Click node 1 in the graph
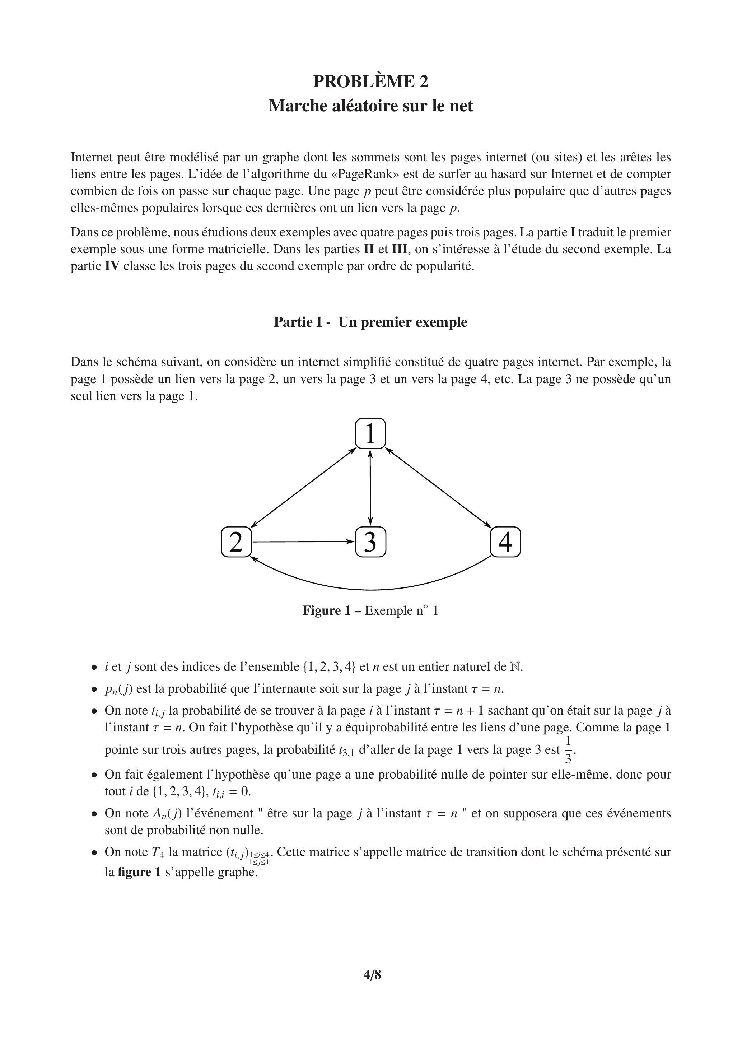point(370,433)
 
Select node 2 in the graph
point(236,542)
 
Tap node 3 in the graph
point(370,542)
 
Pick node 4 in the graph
point(505,542)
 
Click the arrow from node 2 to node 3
point(303,542)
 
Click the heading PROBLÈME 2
point(370,82)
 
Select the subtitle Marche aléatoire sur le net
point(370,106)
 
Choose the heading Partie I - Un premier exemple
point(370,322)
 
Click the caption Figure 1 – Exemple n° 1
point(370,610)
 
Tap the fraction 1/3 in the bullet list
point(568,749)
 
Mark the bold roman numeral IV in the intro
point(112,266)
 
